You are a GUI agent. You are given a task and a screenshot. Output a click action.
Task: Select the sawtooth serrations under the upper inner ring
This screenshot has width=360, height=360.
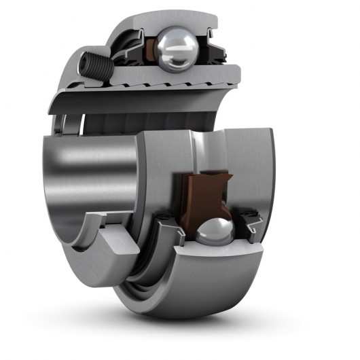pos(163,90)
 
